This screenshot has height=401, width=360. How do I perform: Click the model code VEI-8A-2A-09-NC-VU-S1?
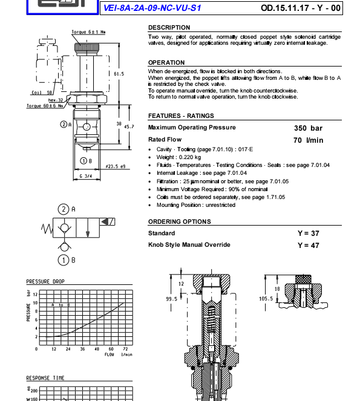tap(152, 8)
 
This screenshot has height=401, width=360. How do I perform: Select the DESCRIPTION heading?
tap(169, 27)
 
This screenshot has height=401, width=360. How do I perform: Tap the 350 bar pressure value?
tap(308, 128)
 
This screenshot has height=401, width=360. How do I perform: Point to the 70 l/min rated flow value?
tap(309, 140)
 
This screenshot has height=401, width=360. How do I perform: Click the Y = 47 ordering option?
tap(309, 246)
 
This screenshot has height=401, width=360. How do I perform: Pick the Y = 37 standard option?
tap(309, 233)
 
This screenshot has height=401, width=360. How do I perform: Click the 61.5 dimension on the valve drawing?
tap(119, 74)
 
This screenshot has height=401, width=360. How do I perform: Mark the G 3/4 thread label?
tap(86, 176)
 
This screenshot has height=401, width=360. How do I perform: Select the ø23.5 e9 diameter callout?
tap(116, 166)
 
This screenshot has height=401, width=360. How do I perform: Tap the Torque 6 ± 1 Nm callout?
tap(88, 32)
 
